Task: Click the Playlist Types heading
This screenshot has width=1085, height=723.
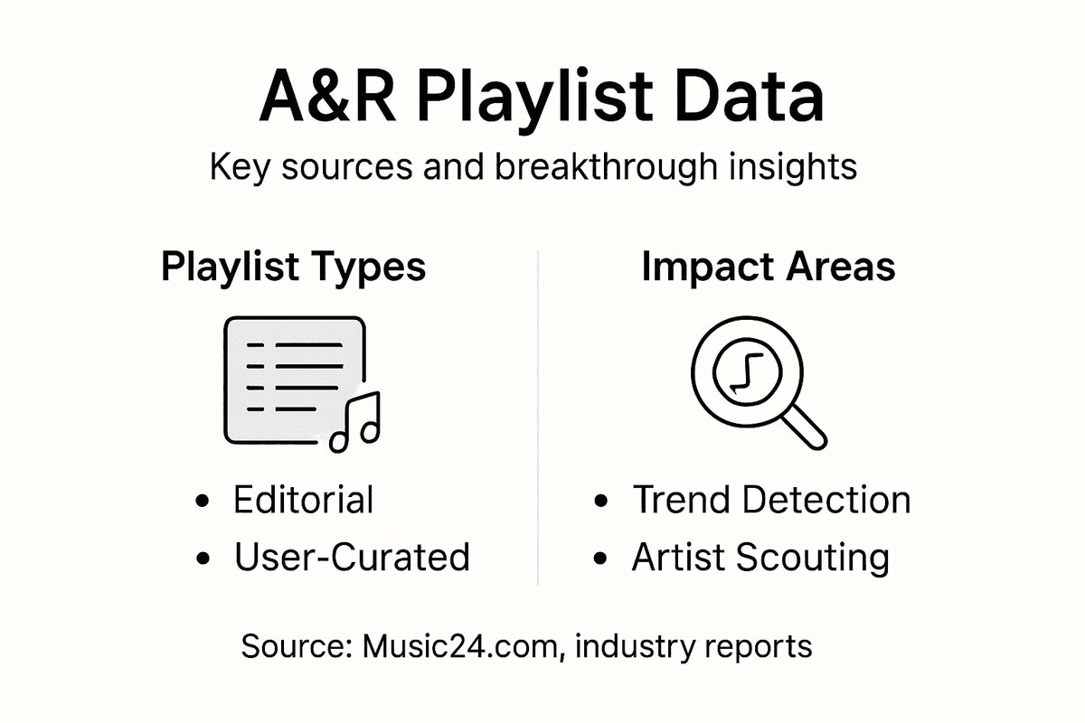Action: [293, 268]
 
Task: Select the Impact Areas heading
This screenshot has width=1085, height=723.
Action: [769, 268]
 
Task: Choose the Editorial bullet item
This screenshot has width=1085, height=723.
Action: [303, 500]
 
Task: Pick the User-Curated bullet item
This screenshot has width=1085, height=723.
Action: [352, 558]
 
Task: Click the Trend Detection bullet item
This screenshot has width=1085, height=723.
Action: [771, 500]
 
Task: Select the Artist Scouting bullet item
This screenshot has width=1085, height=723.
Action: [760, 558]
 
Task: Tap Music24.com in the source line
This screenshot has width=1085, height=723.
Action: [460, 647]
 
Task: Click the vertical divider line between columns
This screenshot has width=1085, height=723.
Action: [538, 416]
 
